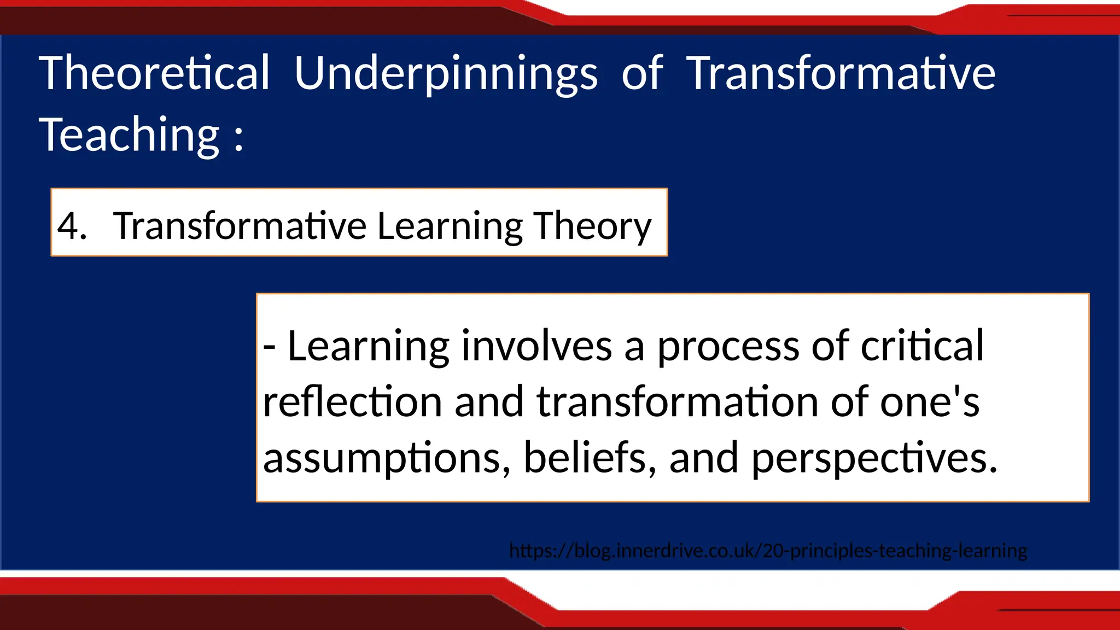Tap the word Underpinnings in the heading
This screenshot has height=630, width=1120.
446,74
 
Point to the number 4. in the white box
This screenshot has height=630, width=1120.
72,225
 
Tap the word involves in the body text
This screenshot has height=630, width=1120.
536,346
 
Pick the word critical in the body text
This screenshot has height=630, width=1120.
922,346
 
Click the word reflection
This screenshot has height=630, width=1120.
352,402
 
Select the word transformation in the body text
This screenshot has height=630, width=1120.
677,402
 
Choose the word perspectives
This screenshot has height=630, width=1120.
874,458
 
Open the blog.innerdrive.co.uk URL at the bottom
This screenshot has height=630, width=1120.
768,550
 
